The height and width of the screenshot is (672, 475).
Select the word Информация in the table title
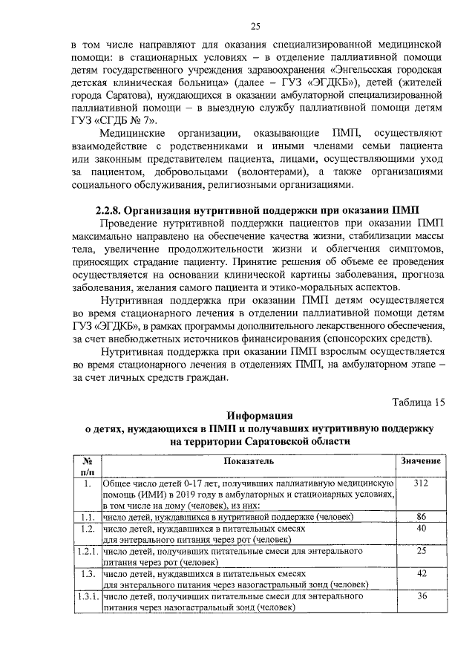tap(259, 415)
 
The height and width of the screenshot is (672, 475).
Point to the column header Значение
tap(421, 461)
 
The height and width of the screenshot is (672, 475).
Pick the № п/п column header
tap(87, 466)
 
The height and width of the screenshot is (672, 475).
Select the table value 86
tap(421, 515)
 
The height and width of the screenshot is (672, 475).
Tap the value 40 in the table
tap(421, 527)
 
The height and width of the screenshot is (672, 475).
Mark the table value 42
tap(421, 573)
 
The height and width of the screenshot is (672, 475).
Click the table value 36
tap(421, 596)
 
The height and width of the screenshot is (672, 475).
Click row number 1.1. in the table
tap(87, 516)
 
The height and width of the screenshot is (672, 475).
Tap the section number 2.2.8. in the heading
tap(116, 209)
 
